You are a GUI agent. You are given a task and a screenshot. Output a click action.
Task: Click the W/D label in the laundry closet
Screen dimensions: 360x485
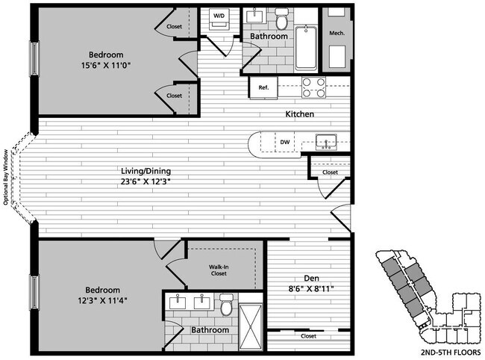(x=219, y=15)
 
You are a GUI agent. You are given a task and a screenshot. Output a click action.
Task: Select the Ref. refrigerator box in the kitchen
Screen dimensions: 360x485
(x=263, y=88)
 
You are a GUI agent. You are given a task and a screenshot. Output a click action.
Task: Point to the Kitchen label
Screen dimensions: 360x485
(x=298, y=114)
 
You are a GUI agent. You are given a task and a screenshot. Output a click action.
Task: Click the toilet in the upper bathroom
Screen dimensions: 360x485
(x=281, y=17)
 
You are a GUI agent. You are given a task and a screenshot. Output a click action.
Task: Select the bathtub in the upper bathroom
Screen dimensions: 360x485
(x=307, y=47)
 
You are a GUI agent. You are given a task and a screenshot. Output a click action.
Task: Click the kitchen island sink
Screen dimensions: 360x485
(x=327, y=140)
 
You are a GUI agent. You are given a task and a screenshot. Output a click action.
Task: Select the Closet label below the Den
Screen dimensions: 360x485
(x=307, y=336)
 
